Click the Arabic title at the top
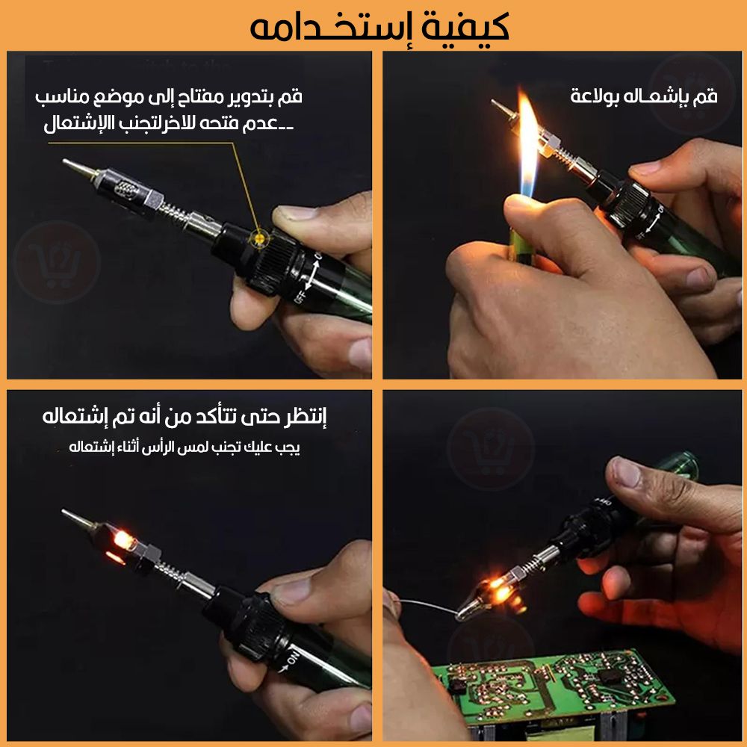tap(379, 28)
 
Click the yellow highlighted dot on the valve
tap(259, 238)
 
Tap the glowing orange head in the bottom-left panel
tap(122, 544)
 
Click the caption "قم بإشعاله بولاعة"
tap(644, 96)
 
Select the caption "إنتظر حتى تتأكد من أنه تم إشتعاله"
tap(184, 417)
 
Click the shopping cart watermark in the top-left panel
tap(56, 262)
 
